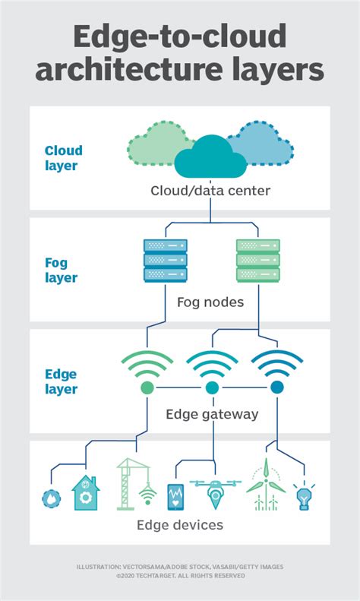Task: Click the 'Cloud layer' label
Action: click(63, 158)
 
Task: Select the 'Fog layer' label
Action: click(58, 270)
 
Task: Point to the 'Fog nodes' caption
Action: click(210, 302)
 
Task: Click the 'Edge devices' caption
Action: click(180, 525)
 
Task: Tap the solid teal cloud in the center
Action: click(210, 158)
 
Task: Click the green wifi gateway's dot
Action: click(147, 388)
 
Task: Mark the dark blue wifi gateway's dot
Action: click(276, 388)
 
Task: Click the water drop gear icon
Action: click(52, 498)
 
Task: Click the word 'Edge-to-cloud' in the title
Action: click(180, 36)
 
